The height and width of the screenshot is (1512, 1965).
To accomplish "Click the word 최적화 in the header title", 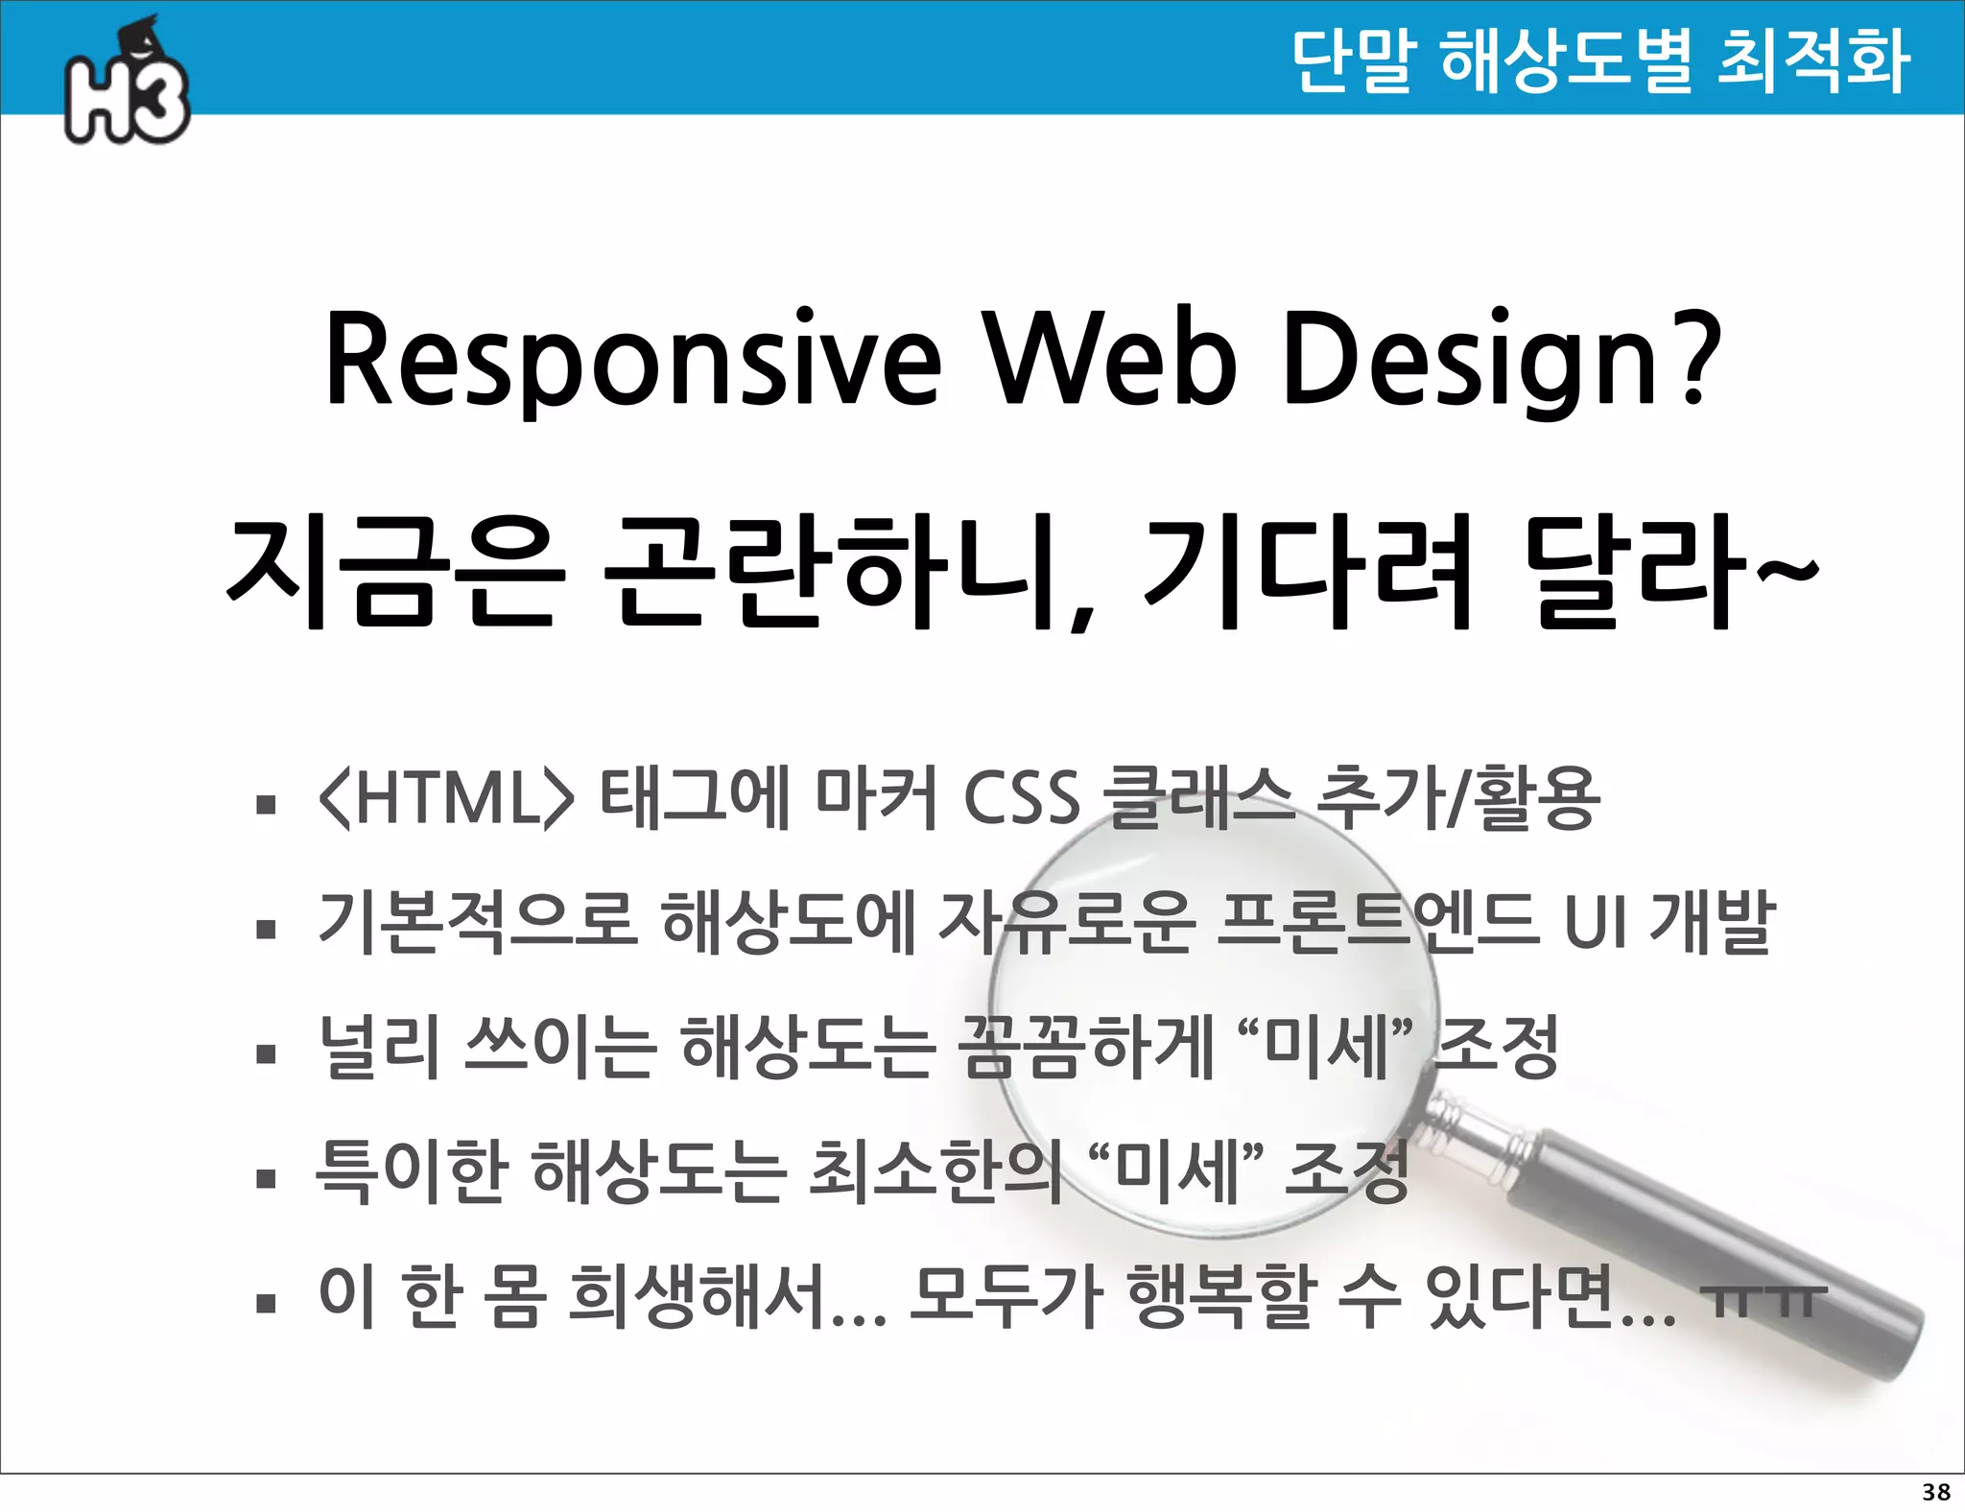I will (1812, 59).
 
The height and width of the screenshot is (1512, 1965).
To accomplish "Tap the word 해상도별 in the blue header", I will (1566, 59).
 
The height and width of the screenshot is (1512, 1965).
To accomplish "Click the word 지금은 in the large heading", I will (392, 573).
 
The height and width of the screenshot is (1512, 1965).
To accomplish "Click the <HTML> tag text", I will (445, 798).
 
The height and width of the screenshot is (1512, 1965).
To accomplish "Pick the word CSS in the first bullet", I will (1021, 798).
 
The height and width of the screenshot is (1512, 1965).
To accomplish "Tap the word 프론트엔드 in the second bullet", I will (1377, 921).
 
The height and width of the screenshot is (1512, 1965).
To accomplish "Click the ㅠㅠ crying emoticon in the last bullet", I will (1762, 1300).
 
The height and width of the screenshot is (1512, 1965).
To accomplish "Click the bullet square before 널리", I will (266, 1054).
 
